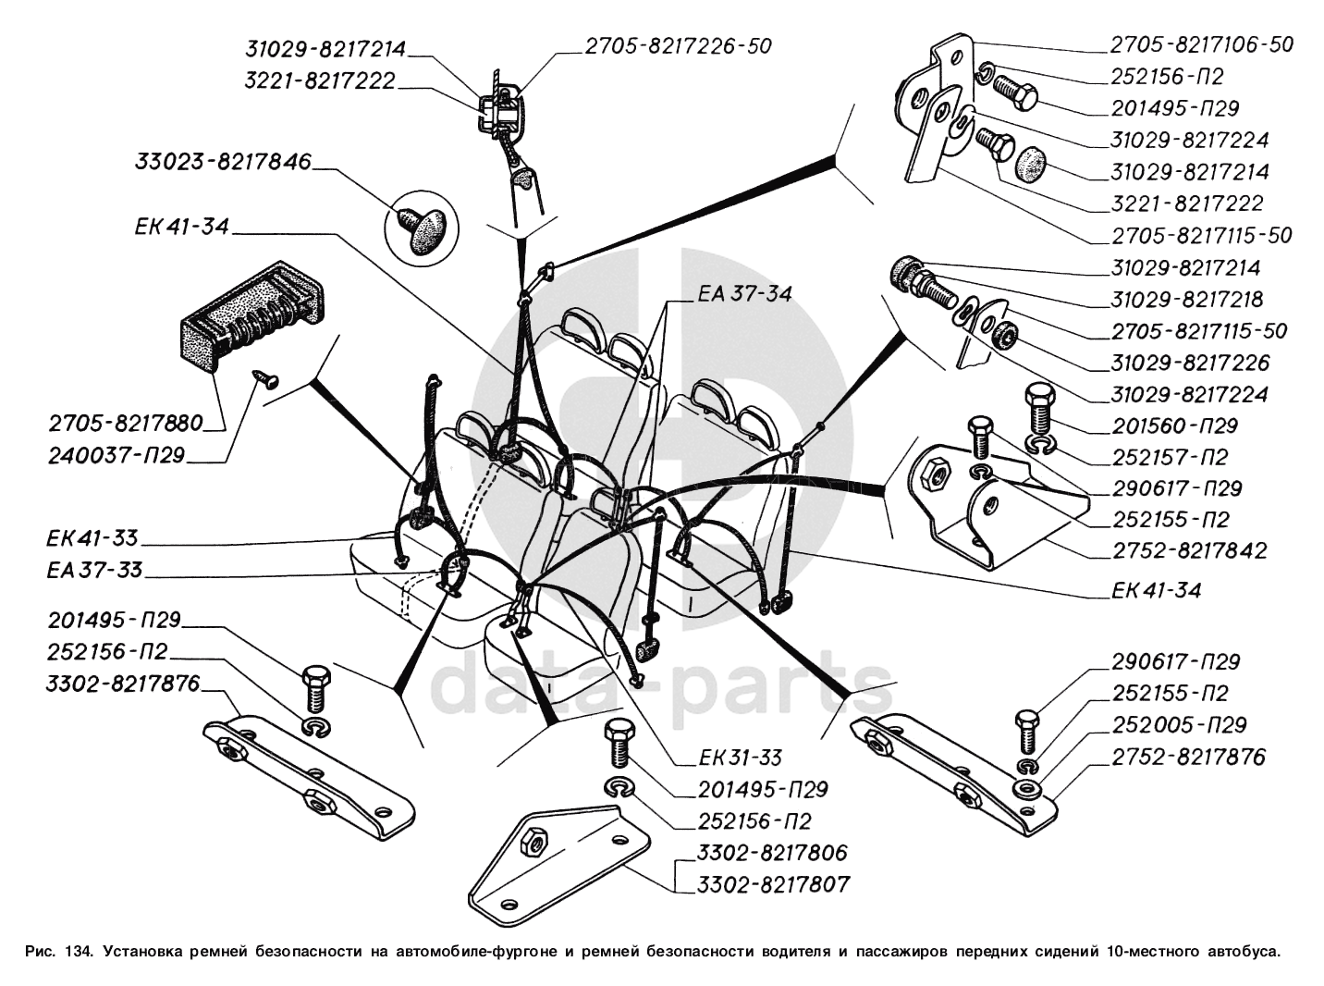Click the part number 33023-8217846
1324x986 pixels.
pos(223,163)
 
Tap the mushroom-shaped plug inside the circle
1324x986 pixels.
pos(421,226)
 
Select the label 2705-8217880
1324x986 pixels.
pos(126,424)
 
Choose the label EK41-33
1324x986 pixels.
pos(92,538)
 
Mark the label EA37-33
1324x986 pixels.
pos(95,570)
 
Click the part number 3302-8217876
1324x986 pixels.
pos(123,684)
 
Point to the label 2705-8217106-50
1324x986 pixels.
pos(1201,44)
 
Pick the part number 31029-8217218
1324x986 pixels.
pos(1187,300)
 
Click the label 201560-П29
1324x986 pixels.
pos(1174,426)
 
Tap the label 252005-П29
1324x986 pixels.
pos(1179,725)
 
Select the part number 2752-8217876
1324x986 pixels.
pos(1188,757)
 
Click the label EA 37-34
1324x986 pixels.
pos(744,294)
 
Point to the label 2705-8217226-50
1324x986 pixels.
pos(677,45)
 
